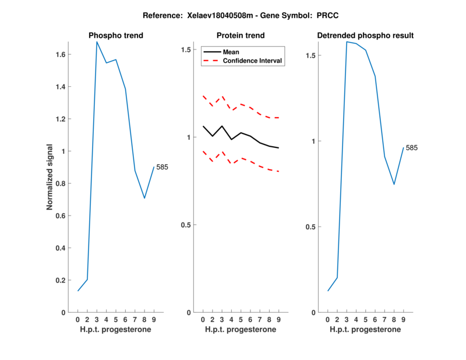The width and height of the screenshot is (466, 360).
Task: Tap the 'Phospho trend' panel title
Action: (x=116, y=36)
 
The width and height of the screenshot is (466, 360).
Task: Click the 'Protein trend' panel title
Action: (x=241, y=36)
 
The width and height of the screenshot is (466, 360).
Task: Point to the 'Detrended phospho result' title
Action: (x=366, y=36)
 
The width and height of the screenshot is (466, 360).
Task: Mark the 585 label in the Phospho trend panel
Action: (x=162, y=167)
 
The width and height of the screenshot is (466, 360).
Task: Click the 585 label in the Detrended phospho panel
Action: (x=411, y=148)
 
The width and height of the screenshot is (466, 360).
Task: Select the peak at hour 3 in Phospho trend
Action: (x=97, y=42)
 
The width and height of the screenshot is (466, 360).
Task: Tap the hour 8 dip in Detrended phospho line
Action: (x=394, y=184)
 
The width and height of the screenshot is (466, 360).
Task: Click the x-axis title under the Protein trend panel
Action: (x=241, y=330)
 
